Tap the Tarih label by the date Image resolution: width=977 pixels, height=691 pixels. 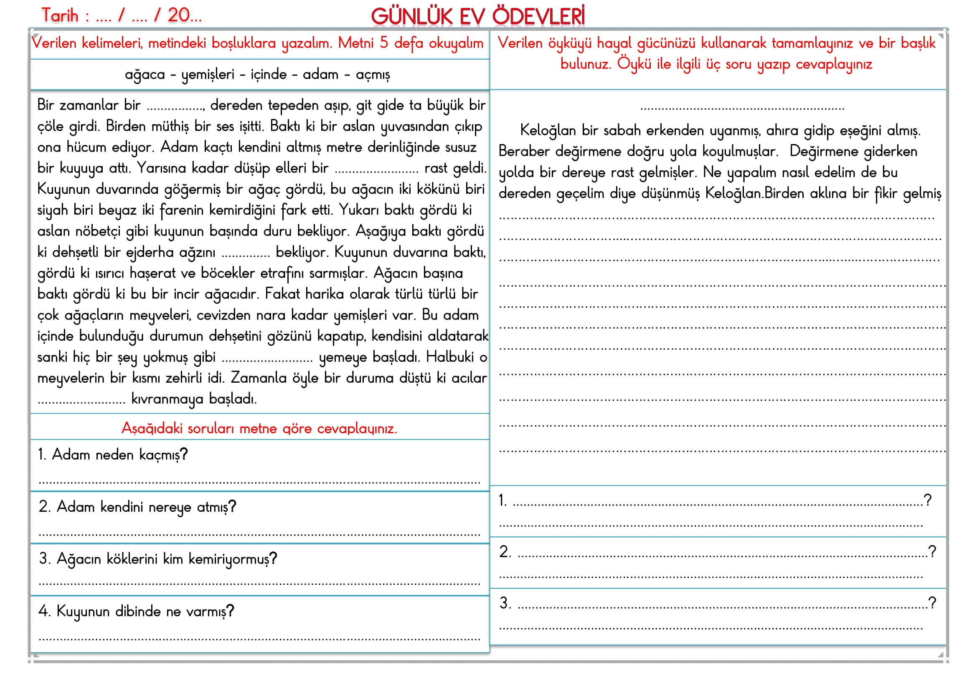pos(60,16)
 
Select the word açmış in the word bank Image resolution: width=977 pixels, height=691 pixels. pos(373,75)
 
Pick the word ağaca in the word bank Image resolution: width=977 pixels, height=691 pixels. pos(145,75)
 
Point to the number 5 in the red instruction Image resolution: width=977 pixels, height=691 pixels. pos(384,43)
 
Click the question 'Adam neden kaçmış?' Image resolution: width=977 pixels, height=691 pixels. pos(113,455)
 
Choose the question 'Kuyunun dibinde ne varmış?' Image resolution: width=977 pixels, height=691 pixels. pos(136,612)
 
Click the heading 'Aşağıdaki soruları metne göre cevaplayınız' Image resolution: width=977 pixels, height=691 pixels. pos(259,429)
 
